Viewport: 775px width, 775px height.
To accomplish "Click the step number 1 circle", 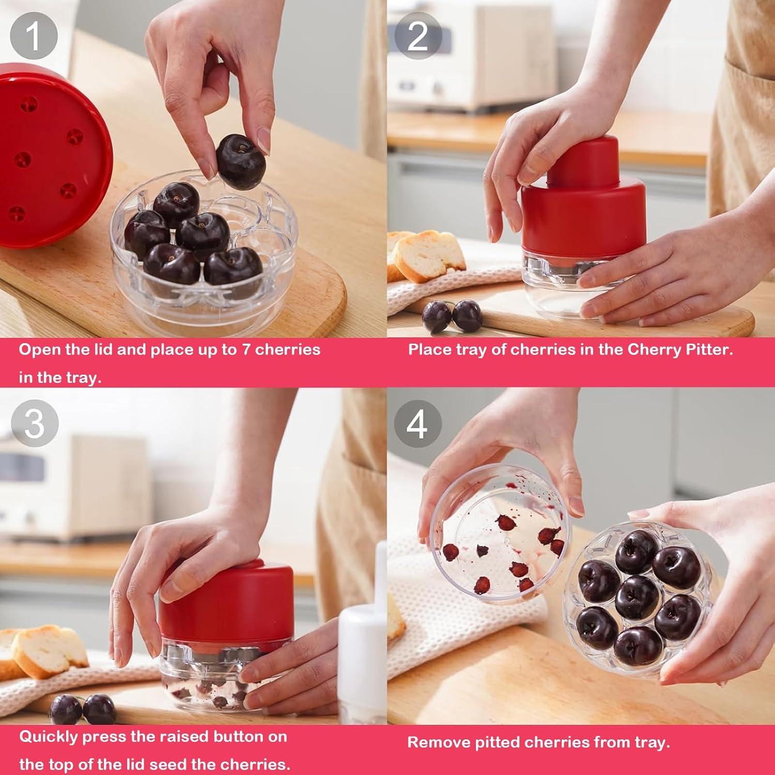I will pyautogui.click(x=34, y=35).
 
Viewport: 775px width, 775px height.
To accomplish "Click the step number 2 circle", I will pyautogui.click(x=417, y=35).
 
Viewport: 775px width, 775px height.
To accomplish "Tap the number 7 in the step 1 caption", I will pyautogui.click(x=247, y=350).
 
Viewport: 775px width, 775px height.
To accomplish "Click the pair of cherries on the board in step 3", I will pyautogui.click(x=82, y=709).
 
